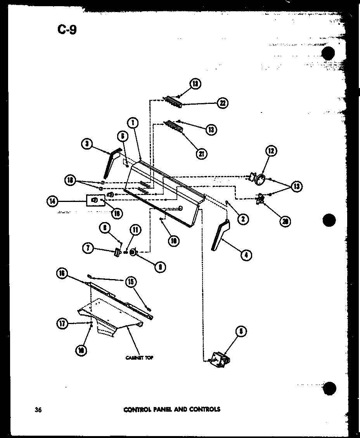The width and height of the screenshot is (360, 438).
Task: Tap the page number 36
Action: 38,410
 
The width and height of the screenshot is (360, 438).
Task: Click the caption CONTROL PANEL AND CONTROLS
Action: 171,409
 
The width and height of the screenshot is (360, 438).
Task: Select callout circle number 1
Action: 132,123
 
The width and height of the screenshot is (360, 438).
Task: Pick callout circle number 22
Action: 223,103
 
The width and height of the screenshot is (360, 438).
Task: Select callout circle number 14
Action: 52,201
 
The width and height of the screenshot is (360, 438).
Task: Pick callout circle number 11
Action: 135,230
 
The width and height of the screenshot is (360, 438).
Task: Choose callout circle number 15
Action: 130,282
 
